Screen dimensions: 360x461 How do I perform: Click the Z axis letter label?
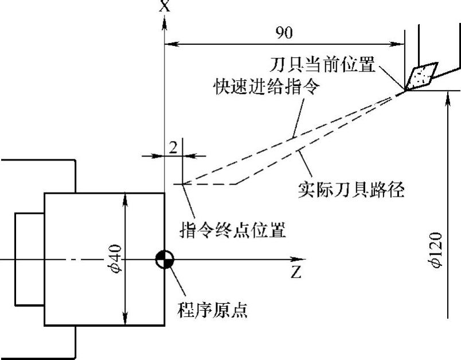(x=296, y=271)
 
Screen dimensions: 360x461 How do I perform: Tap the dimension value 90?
(x=283, y=33)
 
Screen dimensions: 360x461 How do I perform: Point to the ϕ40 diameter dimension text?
(x=117, y=259)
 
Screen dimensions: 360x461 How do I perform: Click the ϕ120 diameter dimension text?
(x=437, y=250)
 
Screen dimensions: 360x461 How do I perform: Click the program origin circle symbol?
(x=165, y=260)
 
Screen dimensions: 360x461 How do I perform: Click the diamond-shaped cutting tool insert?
(x=421, y=76)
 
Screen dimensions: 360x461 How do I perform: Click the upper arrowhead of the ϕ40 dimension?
(x=125, y=197)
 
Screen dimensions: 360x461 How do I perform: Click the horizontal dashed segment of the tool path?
(x=209, y=184)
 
